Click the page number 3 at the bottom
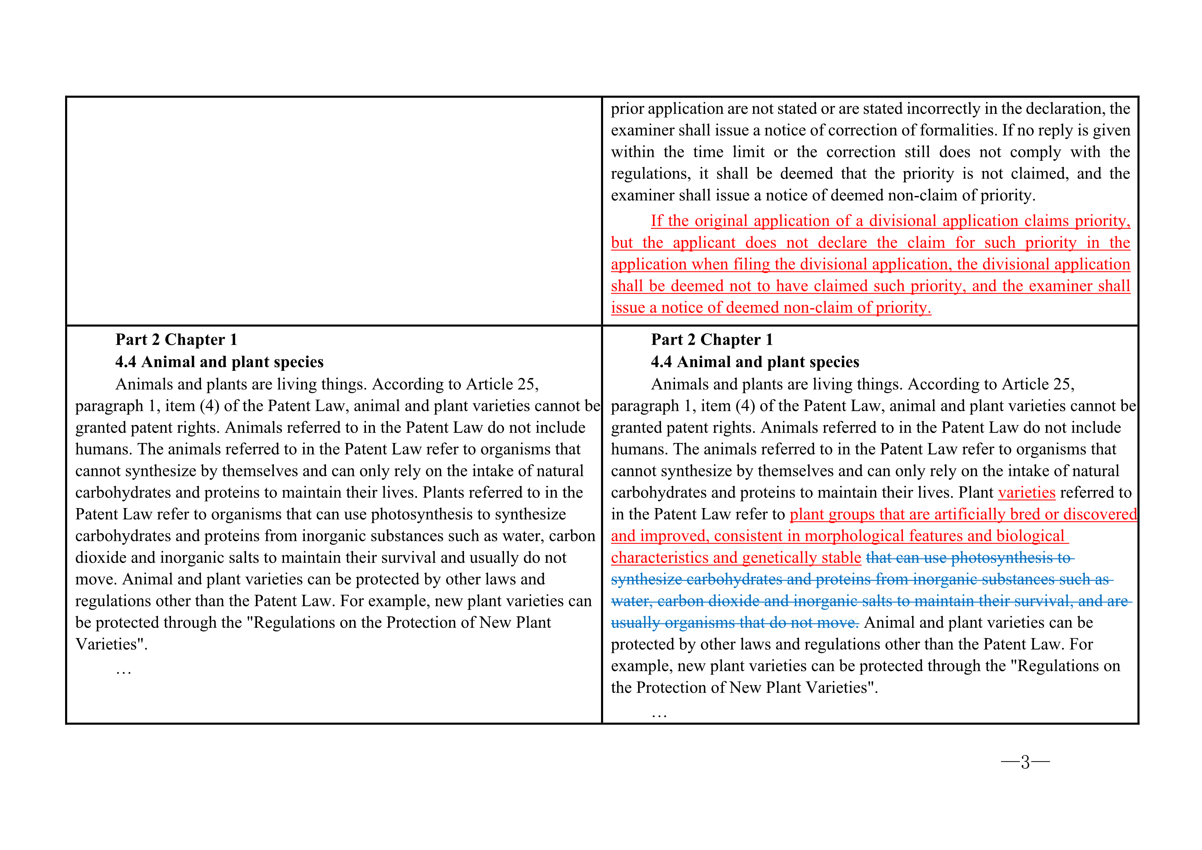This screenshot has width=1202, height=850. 1025,762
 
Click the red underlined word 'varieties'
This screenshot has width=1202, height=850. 1027,493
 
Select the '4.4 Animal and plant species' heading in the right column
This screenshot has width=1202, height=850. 755,362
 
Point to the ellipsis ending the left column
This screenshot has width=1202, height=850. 124,671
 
